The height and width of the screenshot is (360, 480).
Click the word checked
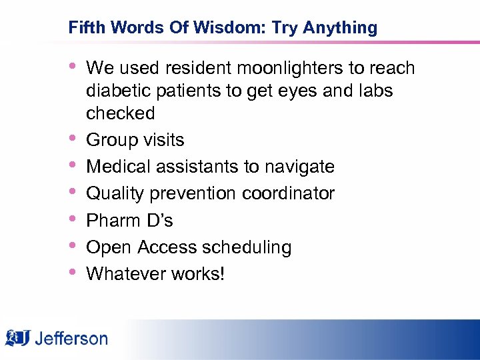click(121, 113)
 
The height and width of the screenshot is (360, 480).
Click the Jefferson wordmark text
click(71, 338)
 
